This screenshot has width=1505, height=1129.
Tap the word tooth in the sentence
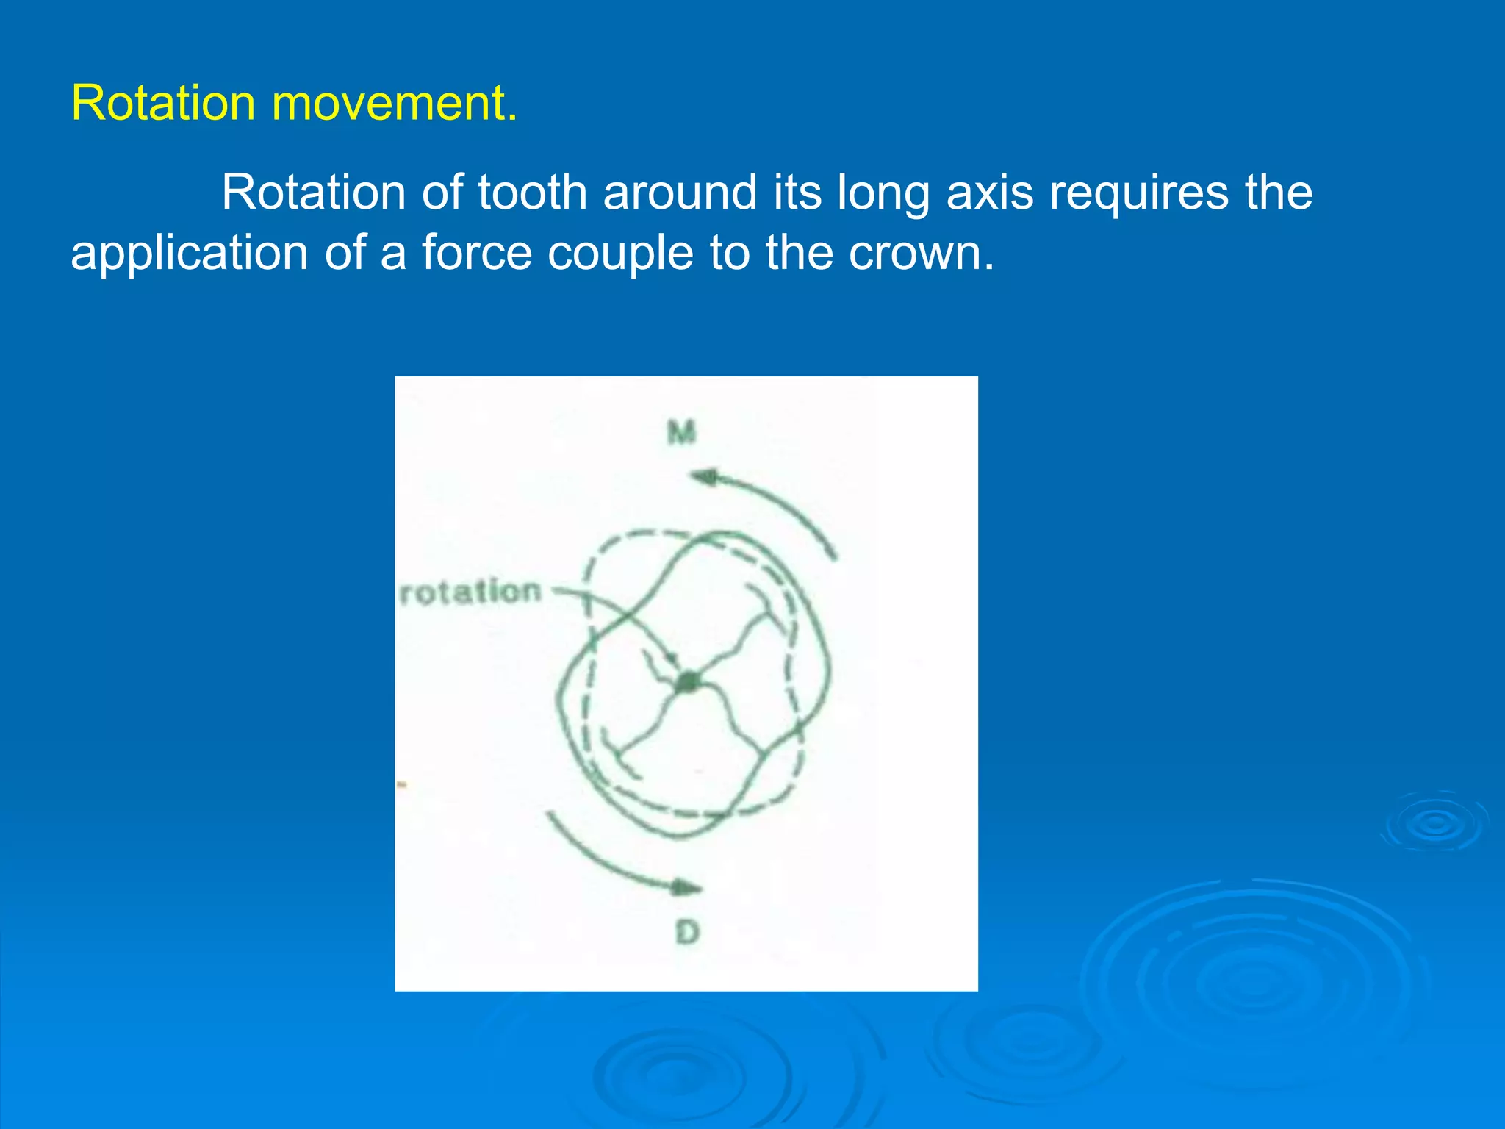(x=532, y=193)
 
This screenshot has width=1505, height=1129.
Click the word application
(x=189, y=254)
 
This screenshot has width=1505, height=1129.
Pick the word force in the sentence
(x=476, y=253)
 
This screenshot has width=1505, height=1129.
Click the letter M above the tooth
(x=681, y=432)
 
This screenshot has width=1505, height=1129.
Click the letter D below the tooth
(x=687, y=933)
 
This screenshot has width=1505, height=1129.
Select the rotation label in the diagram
(x=470, y=592)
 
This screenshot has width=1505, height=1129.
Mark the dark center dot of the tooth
(x=687, y=682)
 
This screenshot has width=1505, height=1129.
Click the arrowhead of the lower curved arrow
(x=686, y=888)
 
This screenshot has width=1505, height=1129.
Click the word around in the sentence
(x=680, y=193)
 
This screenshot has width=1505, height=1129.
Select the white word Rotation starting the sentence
(x=314, y=193)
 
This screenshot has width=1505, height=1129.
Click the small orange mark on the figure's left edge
(x=402, y=785)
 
